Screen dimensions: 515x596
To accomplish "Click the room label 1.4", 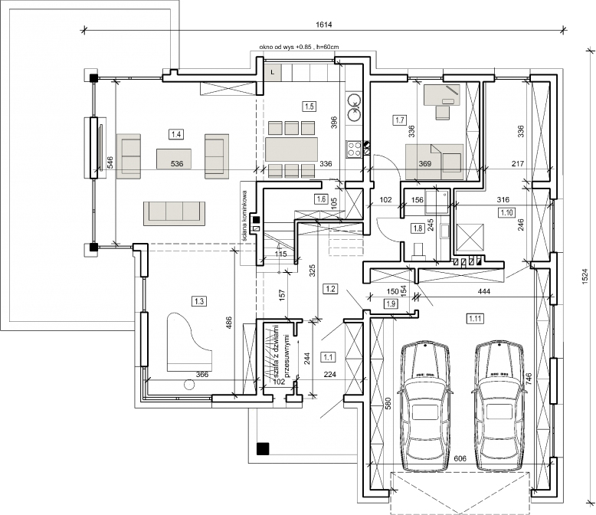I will pos(176,134).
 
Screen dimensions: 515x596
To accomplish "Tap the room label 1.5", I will pos(309,107).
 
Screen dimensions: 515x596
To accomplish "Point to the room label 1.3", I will pos(200,300).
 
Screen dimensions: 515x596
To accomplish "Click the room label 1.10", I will pos(506,212).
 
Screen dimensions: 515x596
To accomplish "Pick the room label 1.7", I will pos(399,120).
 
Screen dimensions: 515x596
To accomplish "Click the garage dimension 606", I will pos(460,458).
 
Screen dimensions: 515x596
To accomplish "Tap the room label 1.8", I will pos(418,228).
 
